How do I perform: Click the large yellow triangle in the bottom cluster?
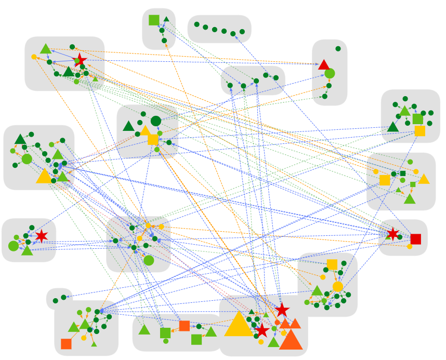coord(239,325)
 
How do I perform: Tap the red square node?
coord(415,239)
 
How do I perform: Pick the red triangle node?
coord(324,65)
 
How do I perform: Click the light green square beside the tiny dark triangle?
coord(154,20)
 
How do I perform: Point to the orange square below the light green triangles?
coord(66,343)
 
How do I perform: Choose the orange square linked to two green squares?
coord(184,326)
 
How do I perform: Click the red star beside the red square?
coord(393,234)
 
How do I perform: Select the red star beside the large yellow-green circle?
coord(41,235)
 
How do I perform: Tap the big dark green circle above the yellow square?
coord(155,121)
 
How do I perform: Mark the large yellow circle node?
coord(337,286)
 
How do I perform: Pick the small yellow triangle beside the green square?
coord(424,179)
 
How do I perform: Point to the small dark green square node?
coord(402,174)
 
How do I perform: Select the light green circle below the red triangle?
coord(330,74)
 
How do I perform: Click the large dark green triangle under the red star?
coord(69,72)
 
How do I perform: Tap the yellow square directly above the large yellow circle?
coord(332,264)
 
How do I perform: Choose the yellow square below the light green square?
coord(419,130)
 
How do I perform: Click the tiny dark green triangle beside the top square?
coord(166,19)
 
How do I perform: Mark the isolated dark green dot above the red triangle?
coord(338,49)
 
